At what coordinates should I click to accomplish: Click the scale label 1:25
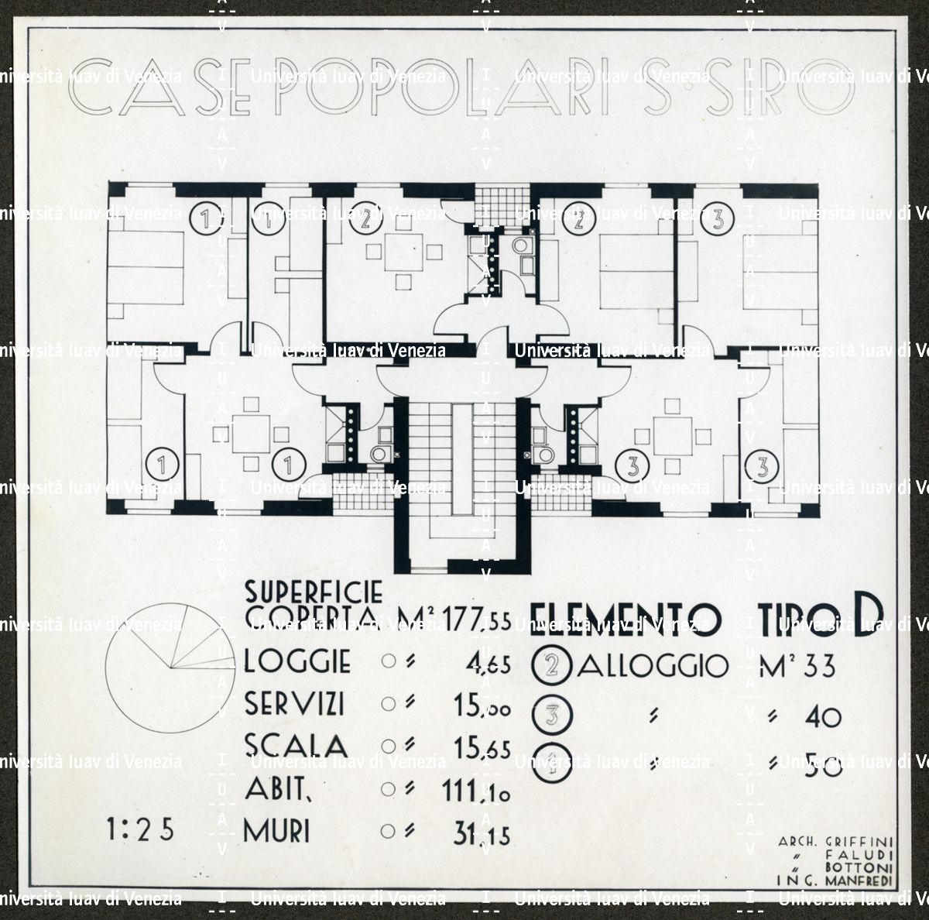[x=142, y=829]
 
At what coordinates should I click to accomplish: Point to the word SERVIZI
[x=294, y=705]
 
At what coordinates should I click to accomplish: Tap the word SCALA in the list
[x=295, y=747]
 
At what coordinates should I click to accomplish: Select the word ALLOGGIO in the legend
[x=653, y=666]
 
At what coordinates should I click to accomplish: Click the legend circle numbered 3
[x=552, y=716]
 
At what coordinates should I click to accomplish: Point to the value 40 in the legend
[x=822, y=716]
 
